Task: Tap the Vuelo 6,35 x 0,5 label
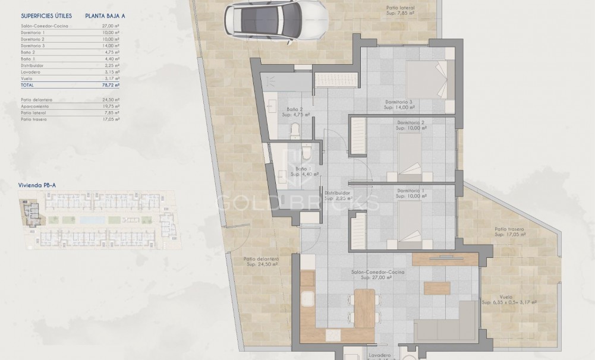(509, 299)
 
